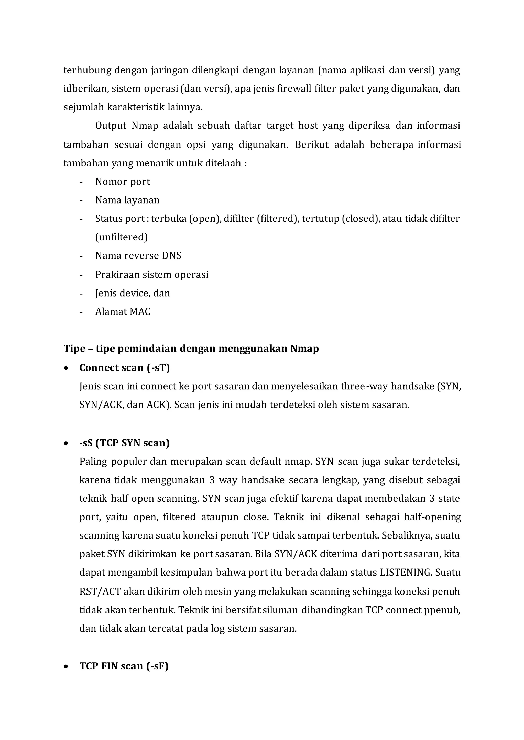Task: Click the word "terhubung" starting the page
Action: pyautogui.click(x=88, y=70)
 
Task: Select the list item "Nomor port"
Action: pyautogui.click(x=123, y=182)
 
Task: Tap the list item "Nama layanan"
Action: pyautogui.click(x=127, y=200)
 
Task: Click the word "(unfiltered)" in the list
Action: pyautogui.click(x=121, y=237)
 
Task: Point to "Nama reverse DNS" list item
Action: pyautogui.click(x=138, y=256)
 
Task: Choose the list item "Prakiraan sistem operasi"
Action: pyautogui.click(x=152, y=274)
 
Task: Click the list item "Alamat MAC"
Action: pyautogui.click(x=123, y=311)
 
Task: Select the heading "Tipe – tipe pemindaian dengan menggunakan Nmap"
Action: pyautogui.click(x=191, y=349)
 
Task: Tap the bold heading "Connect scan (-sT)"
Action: pyautogui.click(x=125, y=368)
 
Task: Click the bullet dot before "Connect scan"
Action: pyautogui.click(x=66, y=368)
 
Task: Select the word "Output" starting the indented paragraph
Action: pyautogui.click(x=111, y=126)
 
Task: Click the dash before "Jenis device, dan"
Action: pyautogui.click(x=81, y=294)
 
